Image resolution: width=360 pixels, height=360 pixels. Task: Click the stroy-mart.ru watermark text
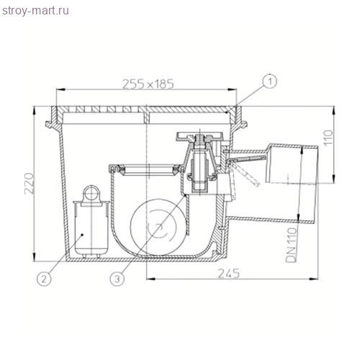(35, 11)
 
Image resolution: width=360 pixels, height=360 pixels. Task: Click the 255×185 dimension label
(148, 84)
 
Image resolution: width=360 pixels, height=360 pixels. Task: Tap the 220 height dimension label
(30, 184)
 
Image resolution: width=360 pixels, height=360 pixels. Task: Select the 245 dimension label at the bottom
(229, 274)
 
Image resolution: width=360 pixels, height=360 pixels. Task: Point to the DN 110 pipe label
(292, 245)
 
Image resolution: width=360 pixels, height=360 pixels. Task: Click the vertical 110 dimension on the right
(328, 137)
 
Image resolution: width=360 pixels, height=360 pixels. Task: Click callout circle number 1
(270, 81)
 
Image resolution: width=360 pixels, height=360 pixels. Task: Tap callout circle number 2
(44, 279)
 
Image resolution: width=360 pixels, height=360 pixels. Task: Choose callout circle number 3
(117, 279)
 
